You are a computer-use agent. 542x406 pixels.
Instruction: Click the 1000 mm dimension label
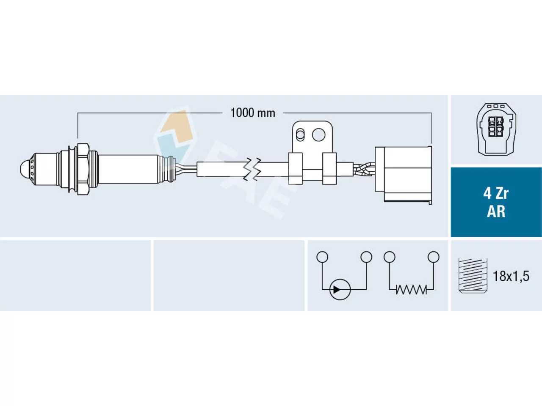(253, 113)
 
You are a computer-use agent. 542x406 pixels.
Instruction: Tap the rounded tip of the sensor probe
(24, 169)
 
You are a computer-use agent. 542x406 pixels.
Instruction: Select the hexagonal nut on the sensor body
(83, 169)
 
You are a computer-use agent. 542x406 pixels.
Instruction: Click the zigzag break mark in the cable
(252, 169)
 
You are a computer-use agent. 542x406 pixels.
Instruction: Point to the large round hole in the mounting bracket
(318, 135)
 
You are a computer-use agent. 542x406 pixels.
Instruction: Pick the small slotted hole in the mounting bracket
(300, 134)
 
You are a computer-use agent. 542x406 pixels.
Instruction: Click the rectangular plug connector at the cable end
(403, 175)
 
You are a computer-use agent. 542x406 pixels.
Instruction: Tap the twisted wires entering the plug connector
(364, 169)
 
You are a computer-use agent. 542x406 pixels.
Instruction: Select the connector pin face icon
(496, 129)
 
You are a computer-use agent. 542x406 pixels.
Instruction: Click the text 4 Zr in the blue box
(496, 194)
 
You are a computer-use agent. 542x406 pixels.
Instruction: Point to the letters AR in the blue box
(496, 211)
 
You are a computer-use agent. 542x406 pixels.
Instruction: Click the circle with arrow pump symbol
(340, 290)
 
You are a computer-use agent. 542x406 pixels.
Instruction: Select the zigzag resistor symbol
(412, 289)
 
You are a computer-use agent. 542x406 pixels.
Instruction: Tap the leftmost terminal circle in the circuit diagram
(322, 257)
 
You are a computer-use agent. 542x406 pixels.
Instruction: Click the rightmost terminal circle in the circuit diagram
(434, 257)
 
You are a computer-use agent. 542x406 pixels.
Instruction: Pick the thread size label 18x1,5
(511, 276)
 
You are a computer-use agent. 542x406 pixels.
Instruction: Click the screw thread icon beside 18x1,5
(473, 276)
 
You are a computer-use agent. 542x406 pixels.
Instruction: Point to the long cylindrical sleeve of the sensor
(128, 169)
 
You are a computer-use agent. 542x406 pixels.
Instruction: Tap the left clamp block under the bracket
(296, 169)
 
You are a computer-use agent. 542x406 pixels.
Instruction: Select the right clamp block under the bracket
(329, 169)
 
